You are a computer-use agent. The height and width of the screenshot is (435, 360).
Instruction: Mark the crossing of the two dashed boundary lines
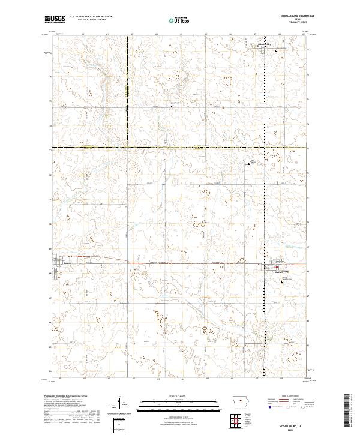128,147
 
